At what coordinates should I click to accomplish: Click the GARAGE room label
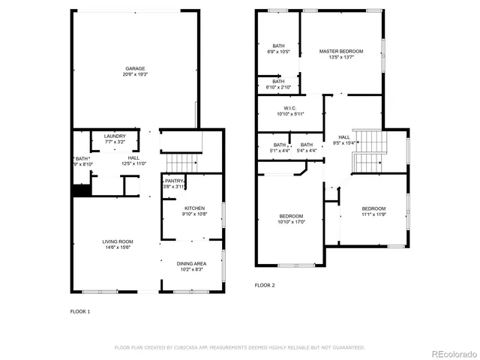pos(135,68)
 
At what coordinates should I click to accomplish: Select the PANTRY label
pos(175,181)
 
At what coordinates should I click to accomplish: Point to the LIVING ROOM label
pos(118,241)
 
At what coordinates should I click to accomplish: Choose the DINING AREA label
pos(192,263)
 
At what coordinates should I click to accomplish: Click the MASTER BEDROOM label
pos(340,51)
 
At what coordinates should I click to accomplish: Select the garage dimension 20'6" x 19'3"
pos(135,74)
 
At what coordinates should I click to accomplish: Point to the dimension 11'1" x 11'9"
pos(373,214)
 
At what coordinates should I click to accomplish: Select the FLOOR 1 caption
pos(80,310)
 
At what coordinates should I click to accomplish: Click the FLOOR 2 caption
pos(265,285)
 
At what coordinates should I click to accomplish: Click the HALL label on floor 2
pos(343,137)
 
